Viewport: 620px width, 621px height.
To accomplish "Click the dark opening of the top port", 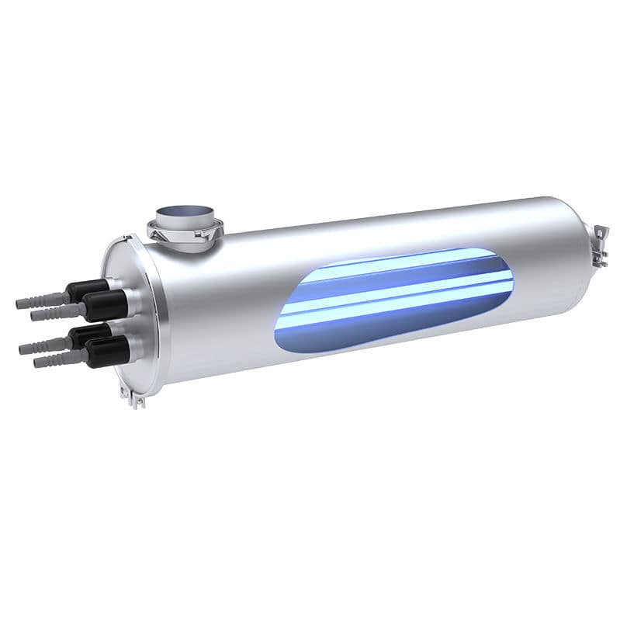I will click(184, 212).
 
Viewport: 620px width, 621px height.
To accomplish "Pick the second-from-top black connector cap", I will click(106, 306).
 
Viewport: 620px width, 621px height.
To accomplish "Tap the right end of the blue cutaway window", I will click(510, 272).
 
